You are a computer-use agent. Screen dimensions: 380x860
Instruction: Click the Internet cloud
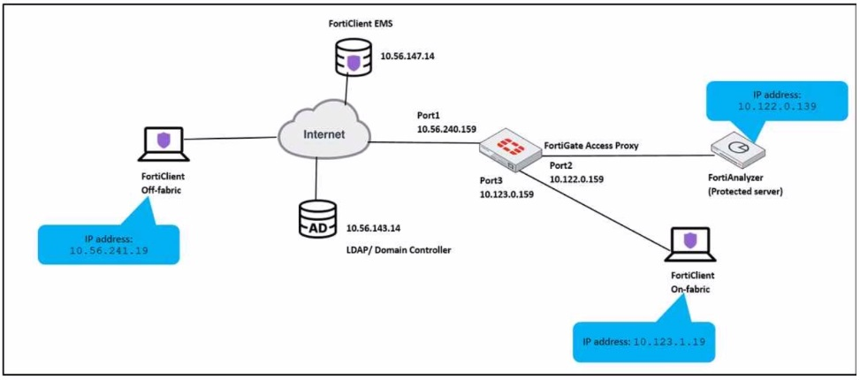pyautogui.click(x=321, y=135)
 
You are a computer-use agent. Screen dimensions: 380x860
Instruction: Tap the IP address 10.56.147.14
pyautogui.click(x=413, y=57)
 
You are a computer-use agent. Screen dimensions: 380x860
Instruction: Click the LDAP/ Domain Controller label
pyautogui.click(x=399, y=250)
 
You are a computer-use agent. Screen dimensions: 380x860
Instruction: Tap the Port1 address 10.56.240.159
pyautogui.click(x=446, y=128)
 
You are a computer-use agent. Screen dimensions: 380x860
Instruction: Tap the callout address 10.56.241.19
pyautogui.click(x=109, y=250)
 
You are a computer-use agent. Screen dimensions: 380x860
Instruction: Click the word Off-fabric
pyautogui.click(x=162, y=187)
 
